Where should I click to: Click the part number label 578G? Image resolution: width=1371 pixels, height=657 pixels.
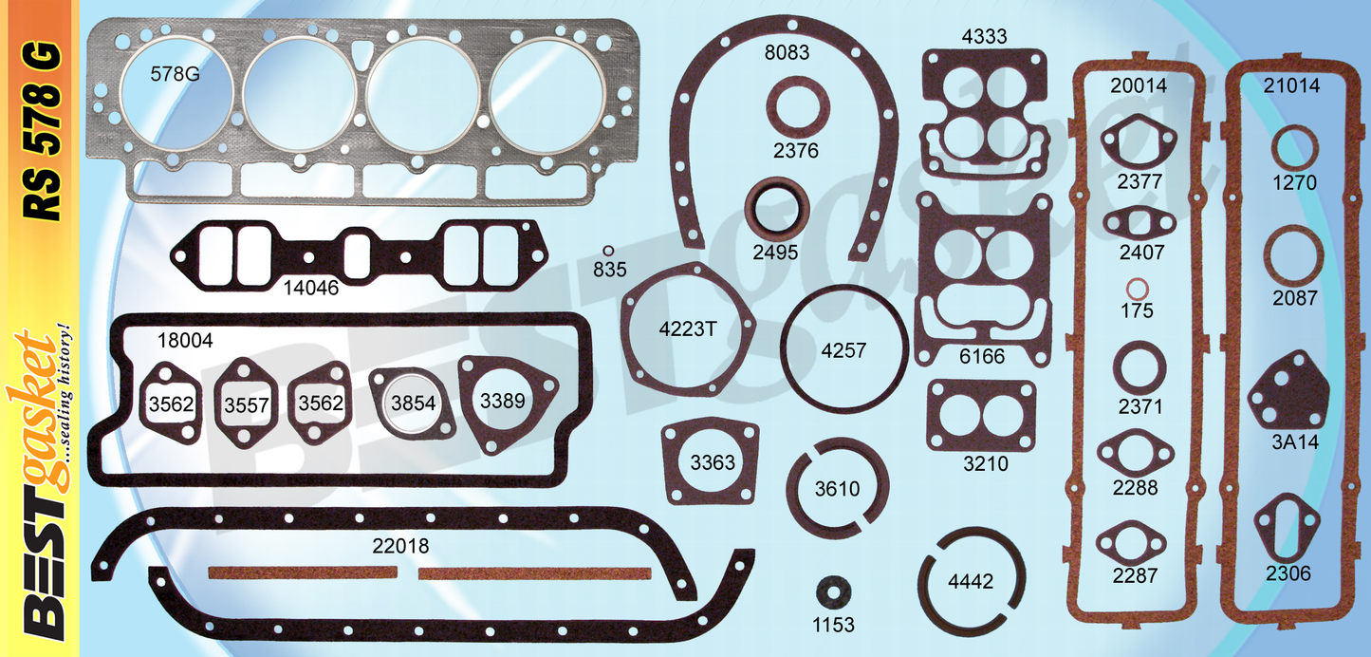(175, 73)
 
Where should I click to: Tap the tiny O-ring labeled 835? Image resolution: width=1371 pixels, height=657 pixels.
(608, 250)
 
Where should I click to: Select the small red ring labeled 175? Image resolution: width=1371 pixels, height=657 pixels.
(1135, 289)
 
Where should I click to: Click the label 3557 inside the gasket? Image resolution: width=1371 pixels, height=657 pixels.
(247, 405)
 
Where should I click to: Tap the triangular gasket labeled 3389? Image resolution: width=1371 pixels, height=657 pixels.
(501, 400)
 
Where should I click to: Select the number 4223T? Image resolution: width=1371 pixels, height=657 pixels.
(687, 329)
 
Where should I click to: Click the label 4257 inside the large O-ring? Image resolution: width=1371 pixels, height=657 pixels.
(843, 349)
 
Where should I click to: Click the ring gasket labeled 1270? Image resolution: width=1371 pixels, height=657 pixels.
(1294, 151)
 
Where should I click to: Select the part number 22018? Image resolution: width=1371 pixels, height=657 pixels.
(400, 546)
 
